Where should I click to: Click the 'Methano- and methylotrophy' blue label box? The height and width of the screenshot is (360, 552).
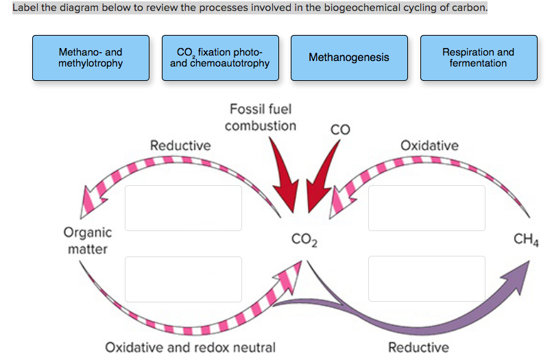(x=91, y=58)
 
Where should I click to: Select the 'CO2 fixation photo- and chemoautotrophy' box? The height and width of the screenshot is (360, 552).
(x=220, y=58)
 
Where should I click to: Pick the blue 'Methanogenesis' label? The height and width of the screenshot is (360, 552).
(x=348, y=58)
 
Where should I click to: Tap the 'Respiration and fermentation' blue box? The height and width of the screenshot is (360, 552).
(x=478, y=58)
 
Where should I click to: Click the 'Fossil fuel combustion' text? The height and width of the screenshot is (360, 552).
(x=261, y=117)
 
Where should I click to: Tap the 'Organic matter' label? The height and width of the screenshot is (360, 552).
(x=87, y=240)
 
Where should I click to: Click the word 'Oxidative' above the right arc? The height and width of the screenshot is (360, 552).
(x=429, y=145)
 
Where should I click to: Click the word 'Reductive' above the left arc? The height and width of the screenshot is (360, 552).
(x=180, y=145)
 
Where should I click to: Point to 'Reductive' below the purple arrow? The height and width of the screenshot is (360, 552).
(x=418, y=347)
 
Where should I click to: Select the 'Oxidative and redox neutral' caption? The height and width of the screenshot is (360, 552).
(x=190, y=347)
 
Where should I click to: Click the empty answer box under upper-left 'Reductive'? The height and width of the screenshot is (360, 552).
(x=183, y=208)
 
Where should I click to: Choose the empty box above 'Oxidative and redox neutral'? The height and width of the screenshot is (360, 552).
(x=183, y=278)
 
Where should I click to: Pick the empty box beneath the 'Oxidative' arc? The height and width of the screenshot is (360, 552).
(x=426, y=208)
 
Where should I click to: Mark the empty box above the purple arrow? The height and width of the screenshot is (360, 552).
(x=426, y=278)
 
